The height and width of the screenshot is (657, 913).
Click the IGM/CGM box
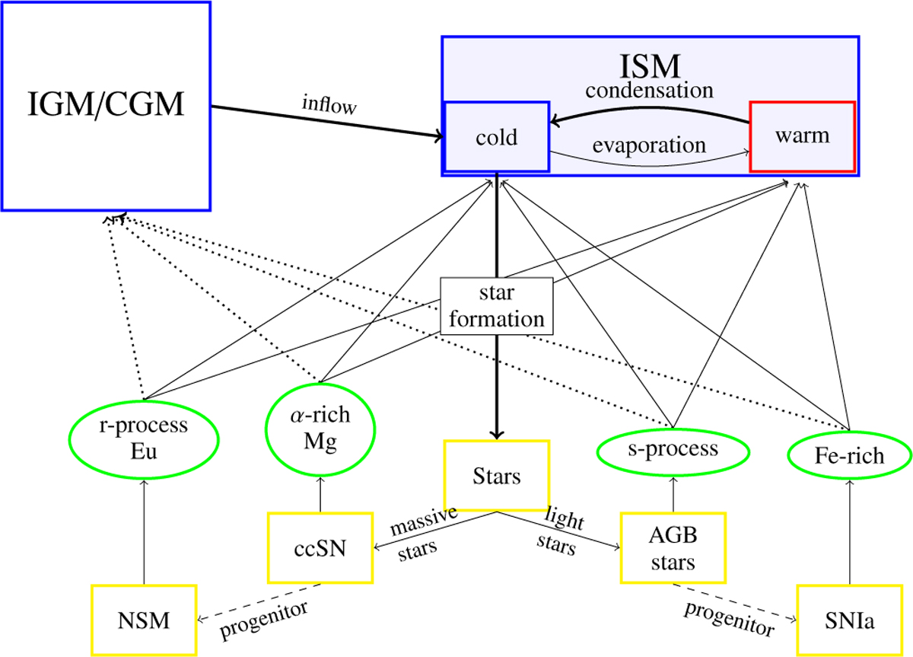(x=106, y=105)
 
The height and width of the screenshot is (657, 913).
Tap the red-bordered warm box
(x=803, y=136)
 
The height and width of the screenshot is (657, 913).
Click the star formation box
(x=496, y=306)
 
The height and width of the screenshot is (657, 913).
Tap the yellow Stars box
(x=496, y=477)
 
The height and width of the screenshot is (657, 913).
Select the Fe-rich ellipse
(x=848, y=455)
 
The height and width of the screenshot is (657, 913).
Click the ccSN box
(x=320, y=547)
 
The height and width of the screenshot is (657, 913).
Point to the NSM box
(x=144, y=620)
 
